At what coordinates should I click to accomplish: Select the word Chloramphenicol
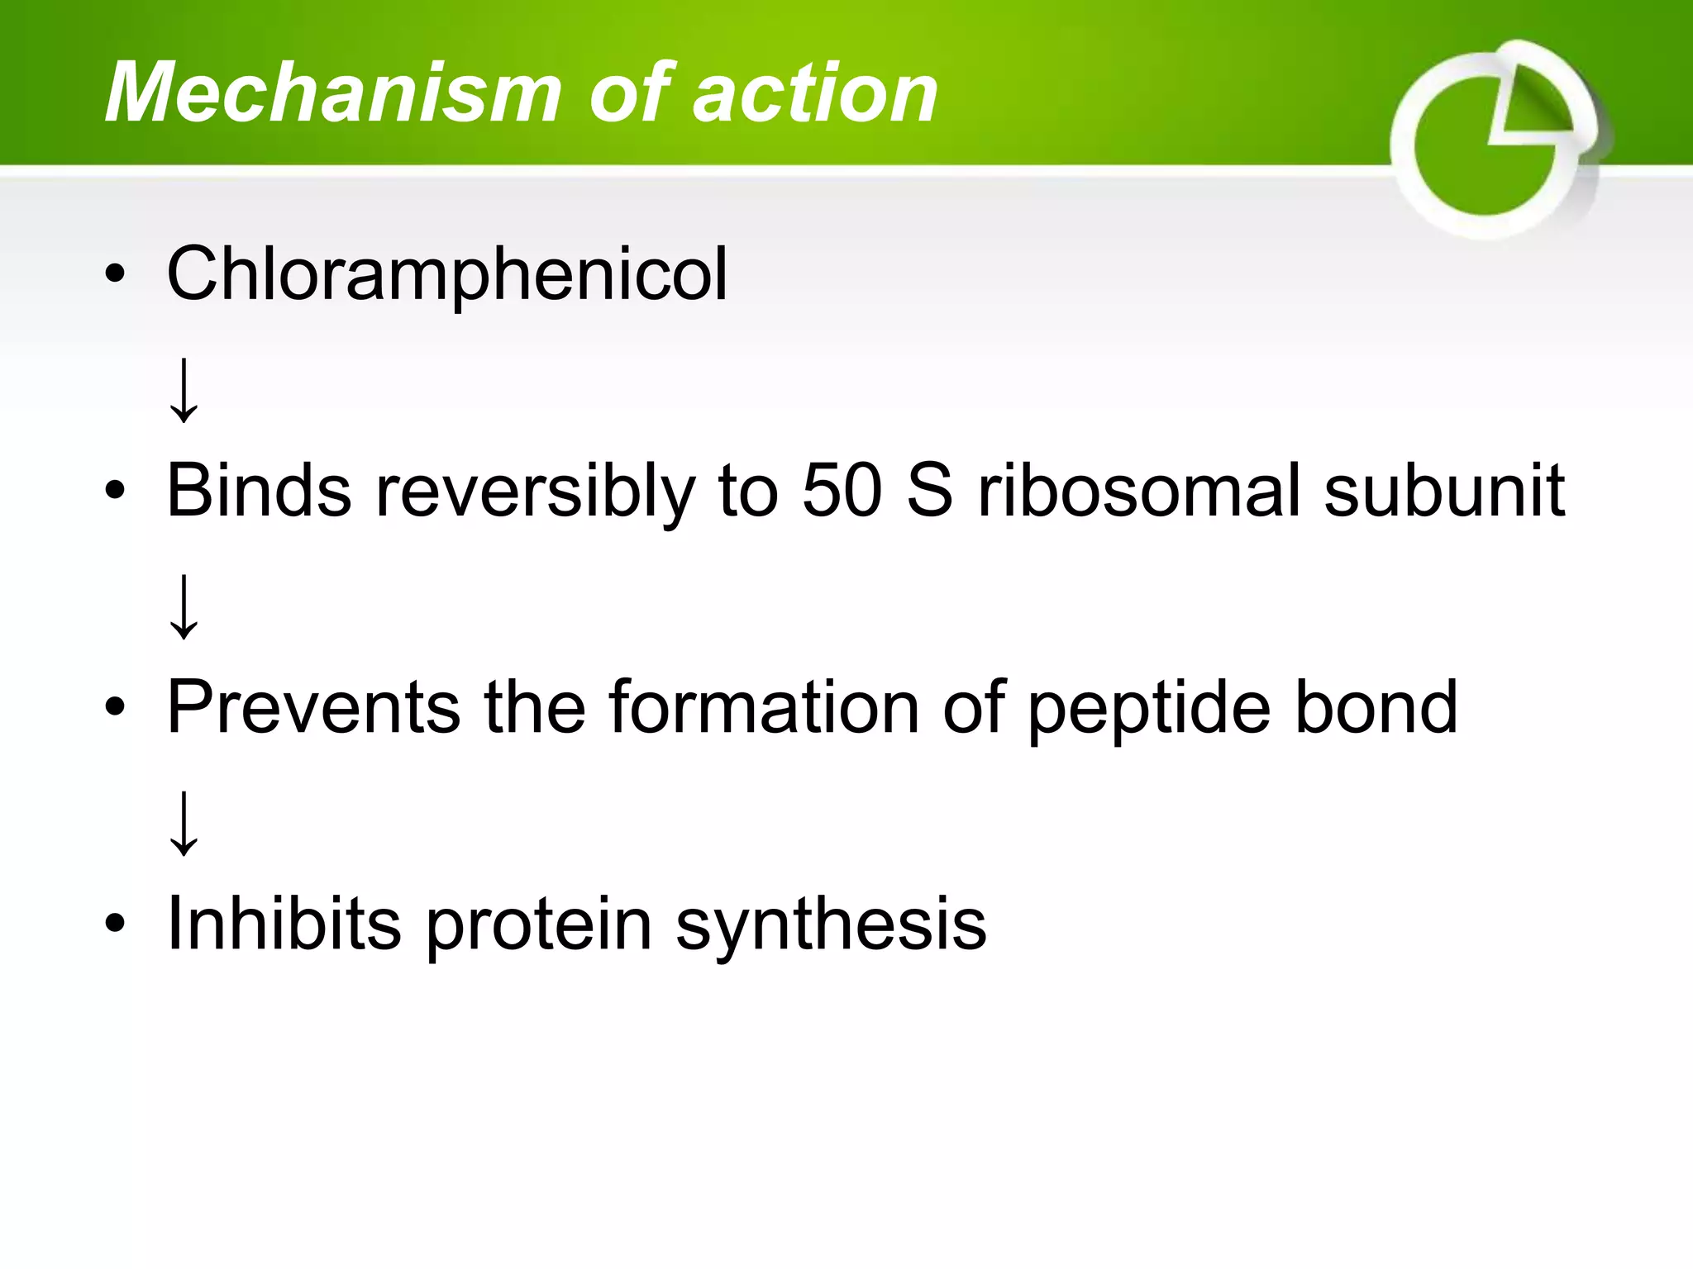click(447, 274)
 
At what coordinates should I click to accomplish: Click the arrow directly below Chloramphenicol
click(184, 390)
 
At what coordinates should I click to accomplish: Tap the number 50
click(842, 491)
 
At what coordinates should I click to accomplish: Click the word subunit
click(1444, 491)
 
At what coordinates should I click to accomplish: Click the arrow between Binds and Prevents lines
click(184, 606)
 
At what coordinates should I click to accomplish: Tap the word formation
click(764, 707)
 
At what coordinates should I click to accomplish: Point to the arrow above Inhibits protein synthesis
click(184, 823)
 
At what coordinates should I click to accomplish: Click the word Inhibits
click(284, 924)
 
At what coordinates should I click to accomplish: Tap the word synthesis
click(831, 925)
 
